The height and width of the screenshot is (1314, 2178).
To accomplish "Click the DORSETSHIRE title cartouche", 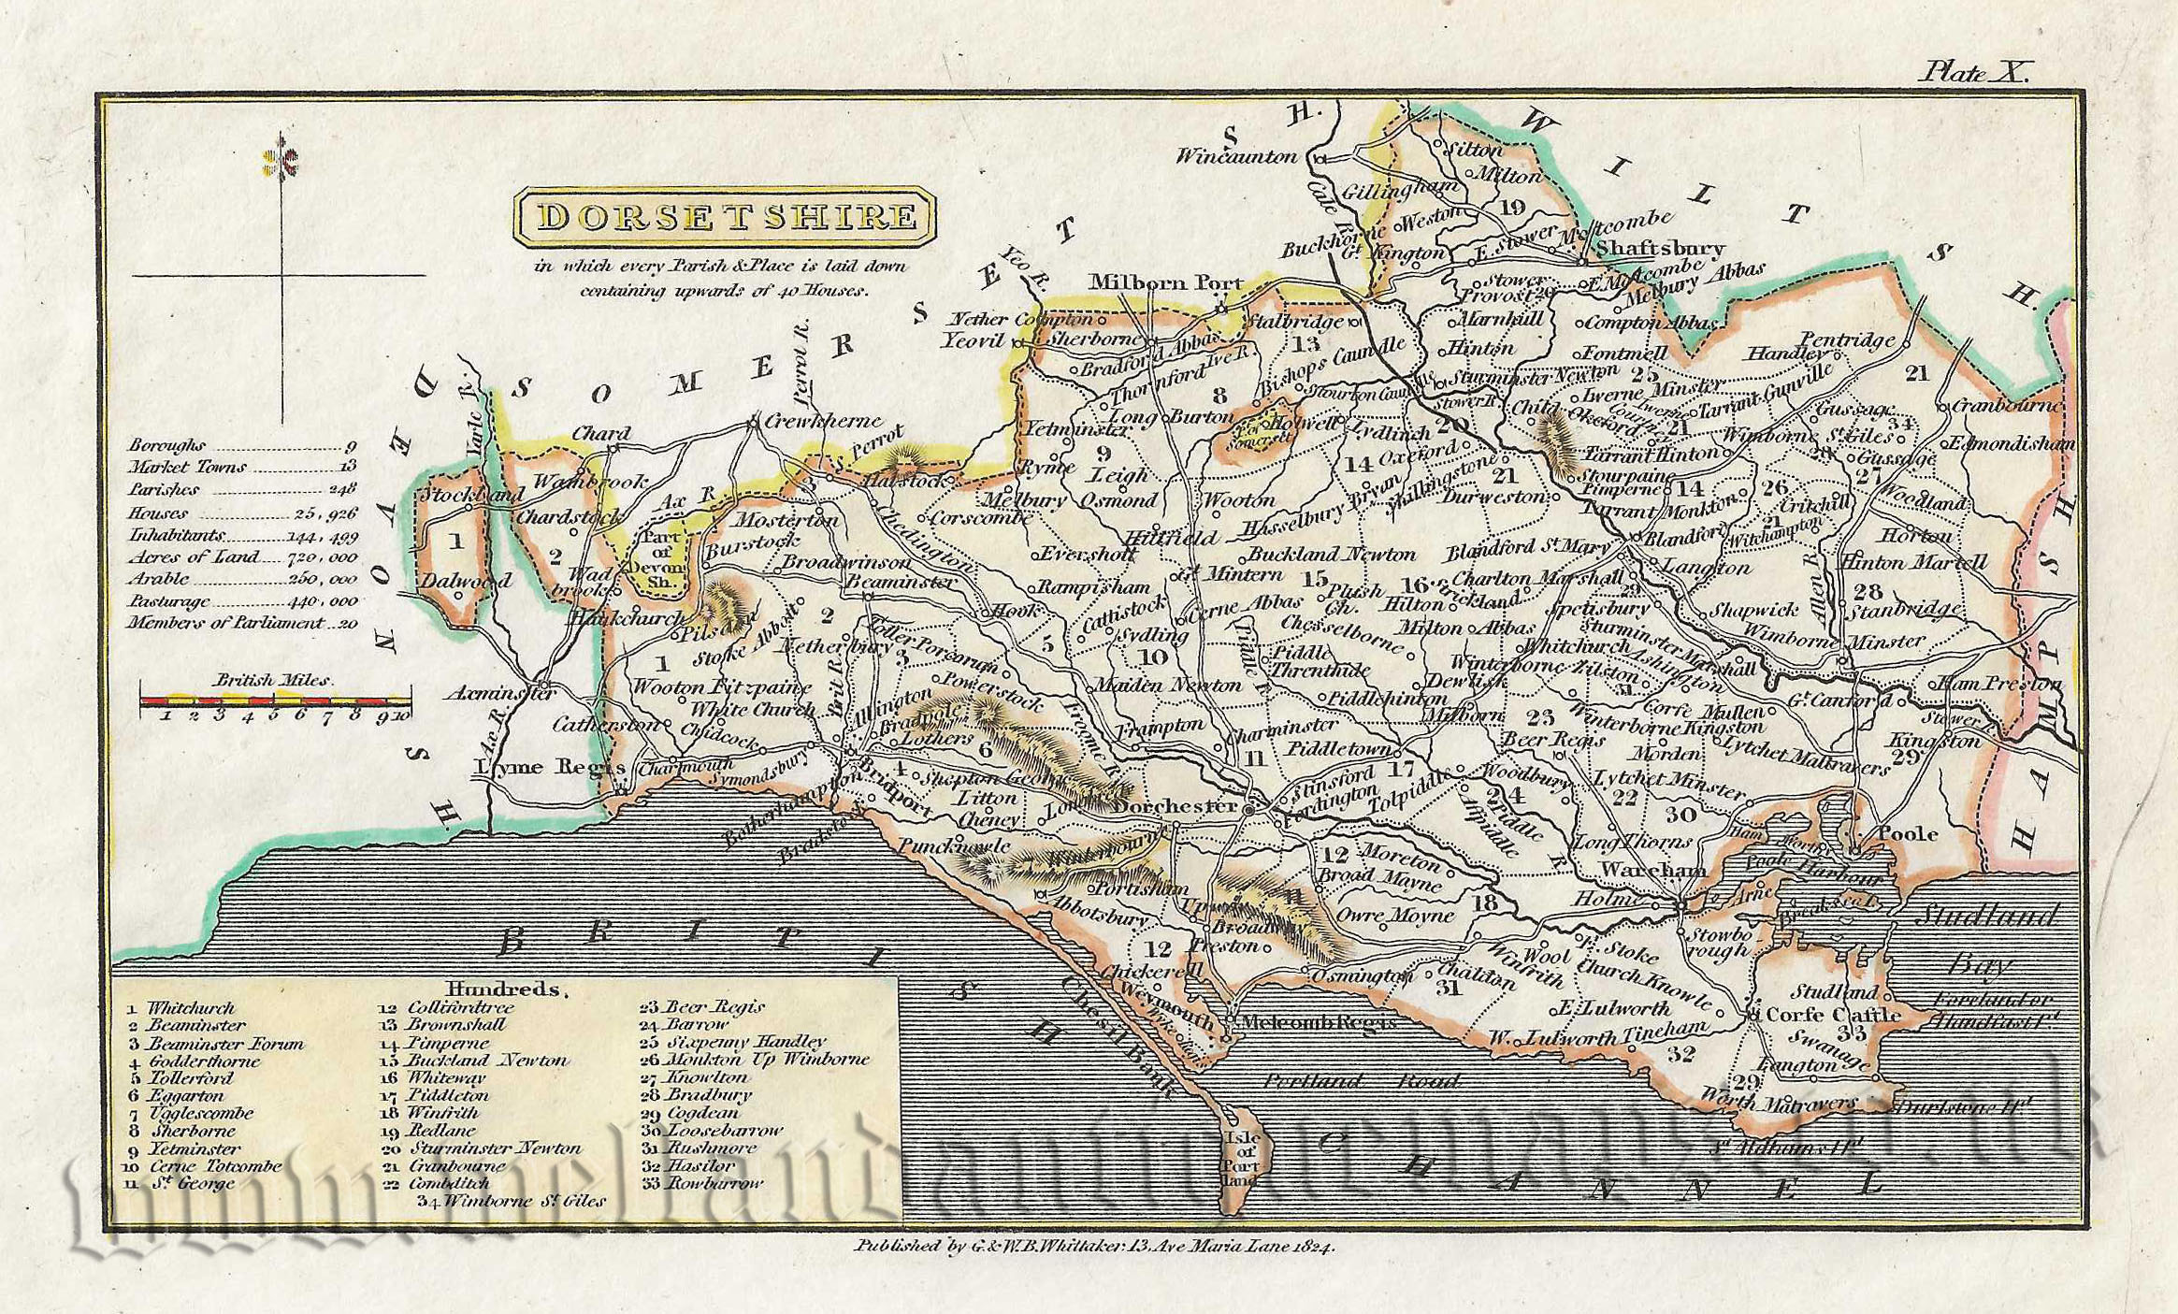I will [x=725, y=217].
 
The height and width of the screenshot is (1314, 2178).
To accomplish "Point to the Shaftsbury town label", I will [x=1659, y=248].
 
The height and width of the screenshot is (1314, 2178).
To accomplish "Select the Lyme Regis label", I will [x=549, y=767].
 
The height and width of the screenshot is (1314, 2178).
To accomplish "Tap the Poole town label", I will [x=1908, y=833].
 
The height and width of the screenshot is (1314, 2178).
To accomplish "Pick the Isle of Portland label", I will [x=1242, y=1157].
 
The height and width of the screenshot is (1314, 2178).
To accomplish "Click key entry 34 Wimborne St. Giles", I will [x=511, y=1201].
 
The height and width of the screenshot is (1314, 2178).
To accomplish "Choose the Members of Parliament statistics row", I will [x=242, y=623].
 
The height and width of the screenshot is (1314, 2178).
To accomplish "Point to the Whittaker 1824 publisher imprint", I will [x=1094, y=1246].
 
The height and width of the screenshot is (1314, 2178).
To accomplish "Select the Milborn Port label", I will [x=1165, y=282].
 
